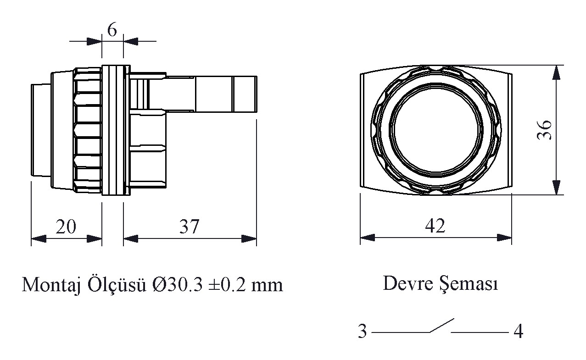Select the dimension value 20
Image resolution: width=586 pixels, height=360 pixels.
point(66,227)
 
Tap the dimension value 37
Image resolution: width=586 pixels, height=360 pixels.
point(189,227)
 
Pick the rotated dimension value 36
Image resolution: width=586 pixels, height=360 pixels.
point(545,130)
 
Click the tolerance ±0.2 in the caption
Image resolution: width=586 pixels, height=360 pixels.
point(226,285)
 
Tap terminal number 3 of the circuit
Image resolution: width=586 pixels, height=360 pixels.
point(363,332)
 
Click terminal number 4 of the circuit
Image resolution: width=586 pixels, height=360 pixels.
point(518,332)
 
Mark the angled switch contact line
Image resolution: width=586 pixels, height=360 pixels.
point(441,325)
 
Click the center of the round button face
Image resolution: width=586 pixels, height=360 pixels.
point(436,130)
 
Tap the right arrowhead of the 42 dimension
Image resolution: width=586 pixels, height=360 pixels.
point(505,238)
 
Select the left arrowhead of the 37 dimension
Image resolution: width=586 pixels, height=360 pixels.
point(131,238)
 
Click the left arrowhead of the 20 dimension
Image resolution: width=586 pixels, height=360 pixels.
point(38,238)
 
